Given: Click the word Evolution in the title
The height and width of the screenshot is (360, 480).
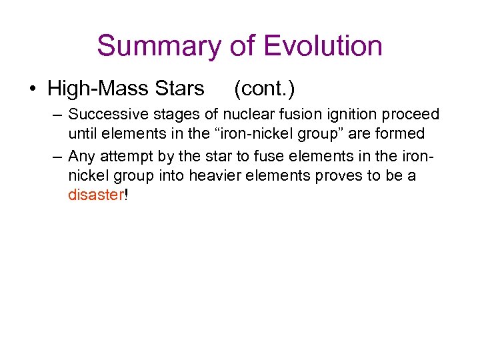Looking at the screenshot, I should click(323, 47).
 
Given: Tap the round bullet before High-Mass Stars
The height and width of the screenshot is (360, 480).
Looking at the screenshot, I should click(33, 89).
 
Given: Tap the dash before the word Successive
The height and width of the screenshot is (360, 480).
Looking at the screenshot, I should click(57, 115).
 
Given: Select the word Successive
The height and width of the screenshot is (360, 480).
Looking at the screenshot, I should click(105, 115).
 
